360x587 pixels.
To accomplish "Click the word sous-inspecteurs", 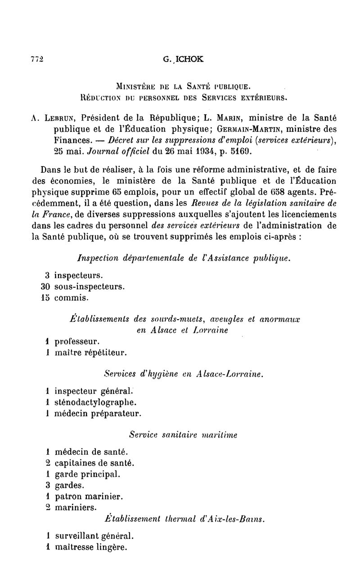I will click(x=90, y=286).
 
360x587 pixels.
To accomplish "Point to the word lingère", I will click(x=112, y=548).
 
